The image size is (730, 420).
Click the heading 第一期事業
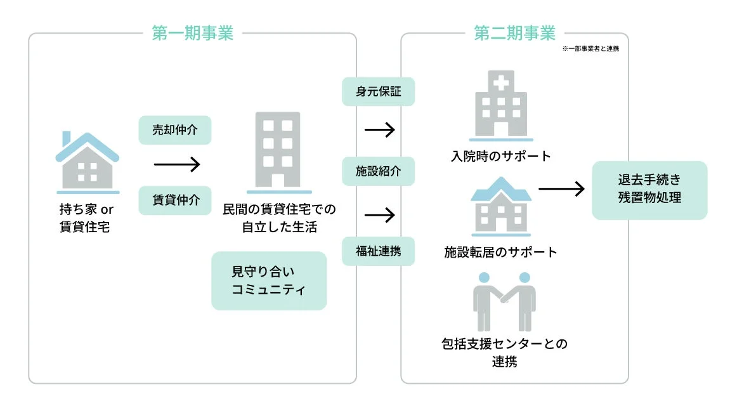192,33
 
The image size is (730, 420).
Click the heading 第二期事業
514,32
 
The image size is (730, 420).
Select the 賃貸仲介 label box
175,200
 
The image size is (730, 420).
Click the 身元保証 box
379,91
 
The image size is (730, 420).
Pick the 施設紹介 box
379,171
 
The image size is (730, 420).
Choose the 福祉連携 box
379,251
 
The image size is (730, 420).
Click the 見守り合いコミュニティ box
269,281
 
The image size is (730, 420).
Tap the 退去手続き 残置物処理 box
649,190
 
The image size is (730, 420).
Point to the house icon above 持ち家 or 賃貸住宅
88,162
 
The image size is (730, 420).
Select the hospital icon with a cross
501,105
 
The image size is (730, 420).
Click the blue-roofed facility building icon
501,207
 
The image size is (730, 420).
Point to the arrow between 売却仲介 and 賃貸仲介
177,165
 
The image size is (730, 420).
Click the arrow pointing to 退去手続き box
561,188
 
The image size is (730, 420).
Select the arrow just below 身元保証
380,130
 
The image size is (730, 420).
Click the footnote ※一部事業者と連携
590,49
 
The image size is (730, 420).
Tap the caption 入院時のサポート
501,156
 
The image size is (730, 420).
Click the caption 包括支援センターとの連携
504,353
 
